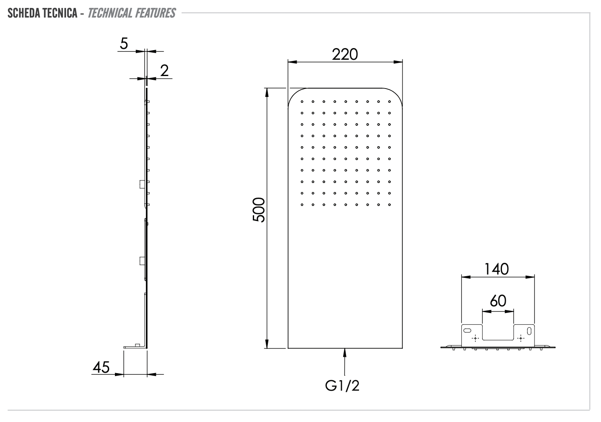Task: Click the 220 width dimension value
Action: (x=345, y=54)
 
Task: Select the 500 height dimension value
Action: (x=259, y=210)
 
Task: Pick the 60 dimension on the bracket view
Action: (x=498, y=301)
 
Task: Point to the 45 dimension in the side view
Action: (x=101, y=368)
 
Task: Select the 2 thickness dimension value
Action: (x=164, y=71)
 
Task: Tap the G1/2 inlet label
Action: (x=342, y=386)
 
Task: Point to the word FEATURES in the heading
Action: (x=155, y=13)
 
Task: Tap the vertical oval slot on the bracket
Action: (x=530, y=331)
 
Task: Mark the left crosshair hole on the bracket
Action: (x=475, y=338)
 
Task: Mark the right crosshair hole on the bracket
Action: (x=520, y=338)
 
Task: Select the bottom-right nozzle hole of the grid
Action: (x=389, y=205)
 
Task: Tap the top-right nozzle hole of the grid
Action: (x=389, y=101)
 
